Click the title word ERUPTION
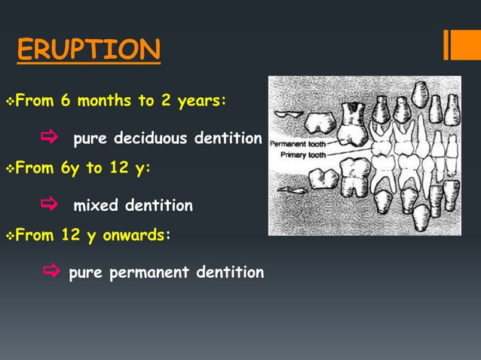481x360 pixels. point(87,50)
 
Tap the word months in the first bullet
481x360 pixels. point(100,101)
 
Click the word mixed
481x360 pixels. point(97,205)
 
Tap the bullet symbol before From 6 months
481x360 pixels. point(8,101)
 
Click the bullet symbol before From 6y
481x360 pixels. point(8,168)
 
